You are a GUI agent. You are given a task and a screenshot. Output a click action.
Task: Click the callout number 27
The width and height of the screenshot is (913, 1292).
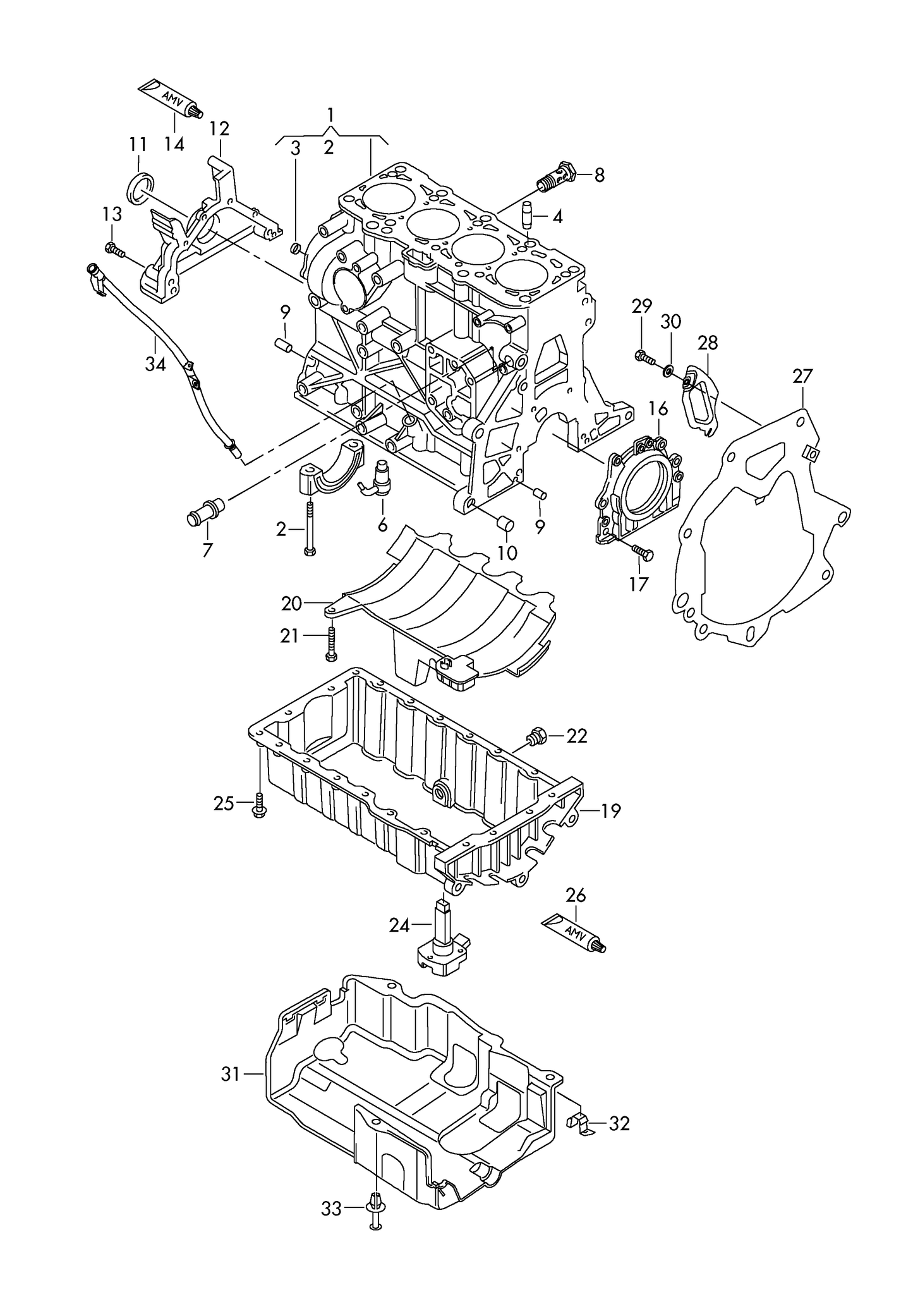[x=802, y=377]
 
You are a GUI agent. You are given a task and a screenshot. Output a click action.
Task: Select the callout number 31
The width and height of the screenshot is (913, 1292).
[x=231, y=1073]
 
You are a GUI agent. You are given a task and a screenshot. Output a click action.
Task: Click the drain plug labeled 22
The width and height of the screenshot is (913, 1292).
[x=536, y=734]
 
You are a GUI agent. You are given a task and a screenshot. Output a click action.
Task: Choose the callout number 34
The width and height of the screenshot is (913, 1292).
[x=155, y=365]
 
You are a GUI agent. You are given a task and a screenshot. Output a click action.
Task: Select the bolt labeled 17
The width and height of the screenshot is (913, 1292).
[x=644, y=553]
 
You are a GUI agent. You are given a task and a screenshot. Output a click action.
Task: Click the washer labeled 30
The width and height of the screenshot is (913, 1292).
[x=668, y=369]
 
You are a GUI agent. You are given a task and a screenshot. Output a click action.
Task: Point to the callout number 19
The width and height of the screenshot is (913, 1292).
[x=611, y=810]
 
